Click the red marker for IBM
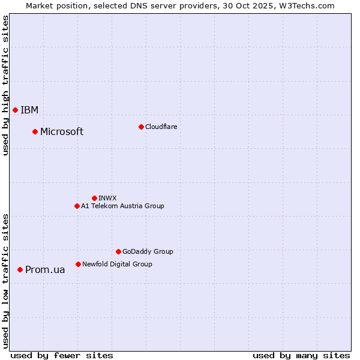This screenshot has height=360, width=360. [x=15, y=110]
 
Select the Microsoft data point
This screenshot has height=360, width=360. [x=35, y=131]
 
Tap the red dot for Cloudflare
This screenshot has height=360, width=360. [x=141, y=127]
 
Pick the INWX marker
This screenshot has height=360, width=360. [x=94, y=198]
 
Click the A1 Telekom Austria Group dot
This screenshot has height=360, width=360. [x=77, y=206]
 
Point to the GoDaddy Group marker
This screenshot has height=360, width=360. [x=118, y=251]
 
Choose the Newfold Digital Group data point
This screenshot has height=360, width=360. [x=78, y=264]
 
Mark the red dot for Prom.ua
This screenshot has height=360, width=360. [x=20, y=269]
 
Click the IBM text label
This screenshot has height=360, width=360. [x=29, y=110]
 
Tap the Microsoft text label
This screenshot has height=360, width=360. [x=62, y=132]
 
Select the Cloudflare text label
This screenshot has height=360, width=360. [x=161, y=127]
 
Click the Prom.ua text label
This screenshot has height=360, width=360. [x=45, y=270]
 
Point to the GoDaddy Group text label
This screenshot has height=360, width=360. [x=148, y=252]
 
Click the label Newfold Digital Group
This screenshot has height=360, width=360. [x=117, y=264]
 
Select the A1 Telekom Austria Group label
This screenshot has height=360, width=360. [x=122, y=206]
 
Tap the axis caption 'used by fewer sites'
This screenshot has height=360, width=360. [x=62, y=355]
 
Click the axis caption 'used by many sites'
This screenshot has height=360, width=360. [x=301, y=355]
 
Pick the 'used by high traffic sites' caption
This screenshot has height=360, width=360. [x=5, y=86]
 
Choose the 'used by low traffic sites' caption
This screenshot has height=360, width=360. [x=5, y=281]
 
